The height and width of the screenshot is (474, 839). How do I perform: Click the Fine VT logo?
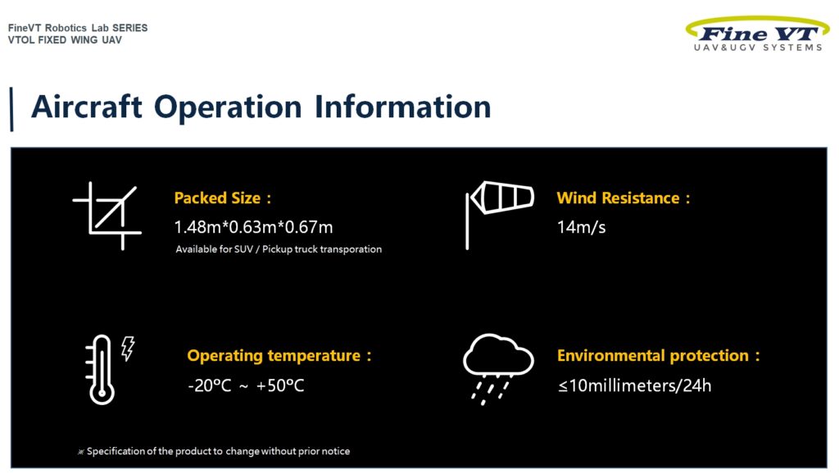758,34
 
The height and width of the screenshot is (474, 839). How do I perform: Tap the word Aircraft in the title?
87,107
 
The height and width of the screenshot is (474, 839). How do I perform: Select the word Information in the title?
402,107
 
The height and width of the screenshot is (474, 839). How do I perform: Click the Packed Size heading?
223,198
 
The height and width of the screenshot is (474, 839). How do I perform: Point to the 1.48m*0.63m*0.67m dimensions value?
254,227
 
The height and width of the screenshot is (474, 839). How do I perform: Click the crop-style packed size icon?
107,216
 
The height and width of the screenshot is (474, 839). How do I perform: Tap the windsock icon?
500,215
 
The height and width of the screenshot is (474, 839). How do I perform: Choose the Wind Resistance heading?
624,198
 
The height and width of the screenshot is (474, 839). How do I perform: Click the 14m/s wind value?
581,227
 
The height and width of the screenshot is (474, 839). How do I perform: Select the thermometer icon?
100,370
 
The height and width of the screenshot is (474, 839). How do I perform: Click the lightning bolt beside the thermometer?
128,349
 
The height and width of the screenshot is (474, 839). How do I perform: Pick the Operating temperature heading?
279,356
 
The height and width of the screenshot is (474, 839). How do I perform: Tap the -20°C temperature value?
210,385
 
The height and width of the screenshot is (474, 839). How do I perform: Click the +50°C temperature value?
280,385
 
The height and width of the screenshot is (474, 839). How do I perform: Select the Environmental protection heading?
658,356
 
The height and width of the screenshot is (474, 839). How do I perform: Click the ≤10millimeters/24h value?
635,385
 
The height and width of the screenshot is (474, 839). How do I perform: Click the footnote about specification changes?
214,452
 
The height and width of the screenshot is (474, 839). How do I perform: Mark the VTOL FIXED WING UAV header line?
65,40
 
